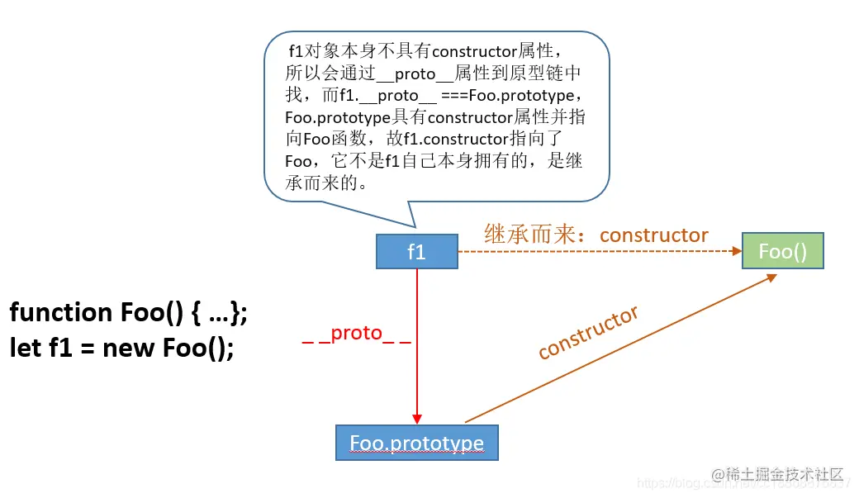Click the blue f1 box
point(416,252)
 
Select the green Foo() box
point(782,251)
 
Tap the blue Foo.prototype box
point(416,443)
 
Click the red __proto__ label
point(356,333)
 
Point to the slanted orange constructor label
point(588,332)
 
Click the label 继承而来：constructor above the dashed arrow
point(596,235)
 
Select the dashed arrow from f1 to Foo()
point(595,251)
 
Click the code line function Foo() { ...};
point(128,312)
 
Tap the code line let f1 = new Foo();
point(121,348)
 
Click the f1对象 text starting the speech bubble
point(311,51)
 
